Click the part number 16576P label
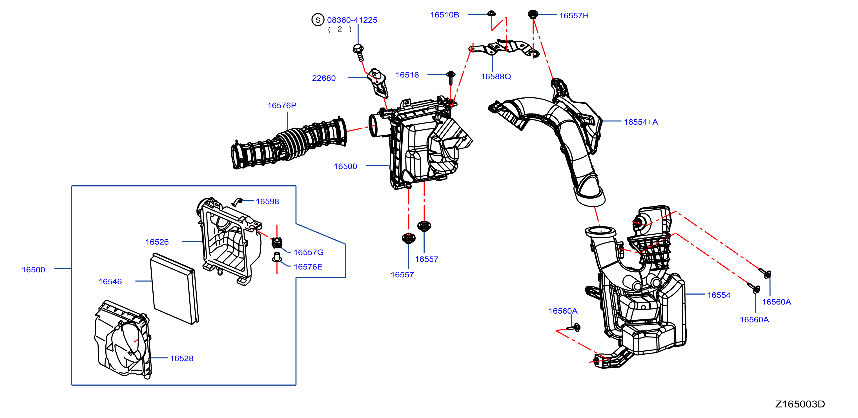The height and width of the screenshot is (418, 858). pyautogui.click(x=282, y=105)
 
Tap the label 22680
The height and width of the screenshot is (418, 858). pyautogui.click(x=324, y=78)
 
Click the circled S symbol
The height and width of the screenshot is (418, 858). pyautogui.click(x=318, y=20)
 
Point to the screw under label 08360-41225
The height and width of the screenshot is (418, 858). pyautogui.click(x=359, y=52)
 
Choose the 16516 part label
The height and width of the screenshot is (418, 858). pyautogui.click(x=407, y=75)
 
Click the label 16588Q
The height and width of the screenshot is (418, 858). pyautogui.click(x=496, y=76)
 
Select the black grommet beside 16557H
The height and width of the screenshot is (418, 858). pyautogui.click(x=533, y=14)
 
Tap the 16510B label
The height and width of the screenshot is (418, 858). pyautogui.click(x=445, y=15)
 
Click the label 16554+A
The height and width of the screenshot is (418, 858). pyautogui.click(x=641, y=122)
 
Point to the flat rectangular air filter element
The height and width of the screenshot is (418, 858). pyautogui.click(x=174, y=288)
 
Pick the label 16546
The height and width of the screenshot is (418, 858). pyautogui.click(x=110, y=281)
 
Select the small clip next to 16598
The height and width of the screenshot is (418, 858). pyautogui.click(x=237, y=202)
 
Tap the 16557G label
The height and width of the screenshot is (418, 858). pyautogui.click(x=309, y=252)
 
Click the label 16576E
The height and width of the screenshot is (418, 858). pyautogui.click(x=308, y=267)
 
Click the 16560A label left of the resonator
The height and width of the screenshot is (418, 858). pyautogui.click(x=563, y=311)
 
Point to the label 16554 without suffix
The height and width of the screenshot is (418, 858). pyautogui.click(x=719, y=295)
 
